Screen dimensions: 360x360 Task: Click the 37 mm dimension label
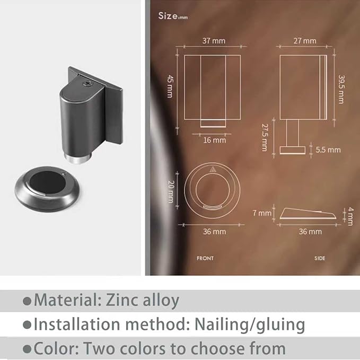(x=214, y=41)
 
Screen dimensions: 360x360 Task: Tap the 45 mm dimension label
(x=170, y=86)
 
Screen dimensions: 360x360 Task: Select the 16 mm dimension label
(x=214, y=140)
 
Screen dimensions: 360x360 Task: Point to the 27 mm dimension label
(x=305, y=41)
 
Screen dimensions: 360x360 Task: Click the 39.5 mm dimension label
(x=341, y=90)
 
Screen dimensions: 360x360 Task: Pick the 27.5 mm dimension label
(x=265, y=137)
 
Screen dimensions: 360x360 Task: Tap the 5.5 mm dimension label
(x=328, y=150)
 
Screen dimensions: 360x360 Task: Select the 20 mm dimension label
(x=171, y=192)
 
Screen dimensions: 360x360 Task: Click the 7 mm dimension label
(x=262, y=213)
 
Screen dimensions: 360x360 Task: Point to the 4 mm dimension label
(x=350, y=216)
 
